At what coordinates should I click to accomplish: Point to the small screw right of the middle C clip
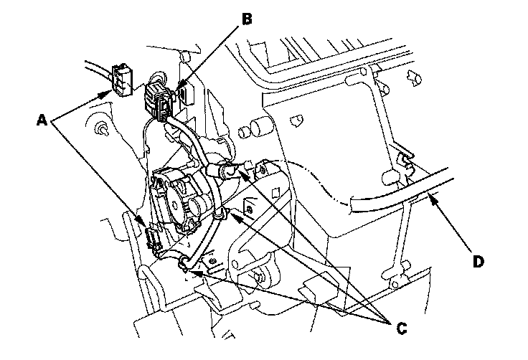247,209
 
